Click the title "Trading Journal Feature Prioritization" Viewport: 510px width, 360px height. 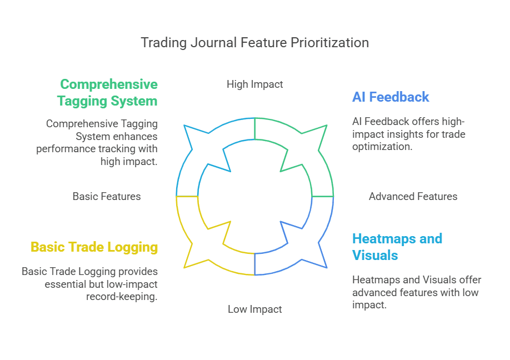pos(254,43)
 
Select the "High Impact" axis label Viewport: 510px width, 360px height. pos(254,84)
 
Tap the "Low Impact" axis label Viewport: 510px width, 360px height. pos(254,309)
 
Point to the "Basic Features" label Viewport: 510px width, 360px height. pos(107,197)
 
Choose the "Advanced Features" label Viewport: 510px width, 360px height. pos(413,197)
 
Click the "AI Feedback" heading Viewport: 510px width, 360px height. pos(391,97)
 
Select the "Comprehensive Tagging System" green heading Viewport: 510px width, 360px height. pos(109,93)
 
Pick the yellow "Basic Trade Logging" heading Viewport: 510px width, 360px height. pos(94,247)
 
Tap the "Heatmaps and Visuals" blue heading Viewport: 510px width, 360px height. pos(397,247)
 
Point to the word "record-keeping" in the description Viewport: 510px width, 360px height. pos(122,297)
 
